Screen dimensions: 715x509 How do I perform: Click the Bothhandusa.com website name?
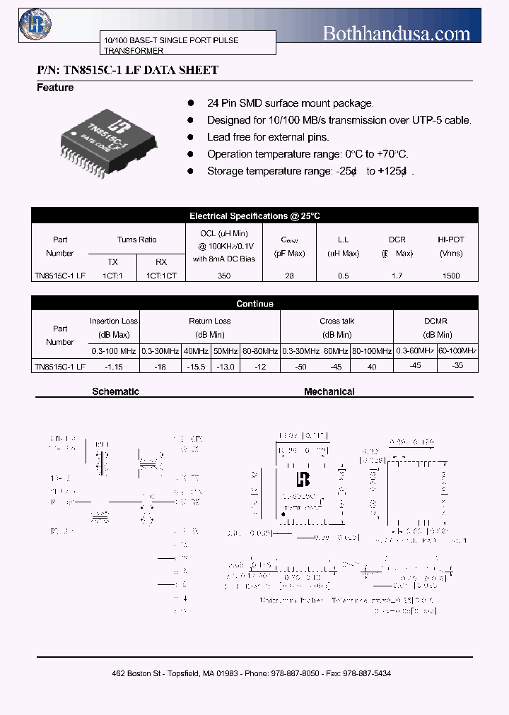(396, 33)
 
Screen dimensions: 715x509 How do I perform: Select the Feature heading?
(55, 88)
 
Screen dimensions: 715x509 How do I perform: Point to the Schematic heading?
(116, 391)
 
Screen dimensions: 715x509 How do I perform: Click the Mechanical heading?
(329, 391)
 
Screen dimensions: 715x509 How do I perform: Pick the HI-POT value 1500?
(450, 276)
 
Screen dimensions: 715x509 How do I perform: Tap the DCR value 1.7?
(397, 276)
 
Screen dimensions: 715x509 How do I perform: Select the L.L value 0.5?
(343, 276)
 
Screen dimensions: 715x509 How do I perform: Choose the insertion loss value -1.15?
(114, 367)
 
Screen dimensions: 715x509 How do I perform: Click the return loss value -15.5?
(196, 367)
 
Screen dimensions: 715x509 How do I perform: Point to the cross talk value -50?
(301, 367)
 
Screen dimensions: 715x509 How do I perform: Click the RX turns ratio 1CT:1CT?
(161, 276)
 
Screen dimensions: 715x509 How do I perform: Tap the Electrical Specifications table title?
(255, 216)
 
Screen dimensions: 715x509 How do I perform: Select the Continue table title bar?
(255, 304)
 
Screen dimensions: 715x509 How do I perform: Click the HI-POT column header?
(450, 240)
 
